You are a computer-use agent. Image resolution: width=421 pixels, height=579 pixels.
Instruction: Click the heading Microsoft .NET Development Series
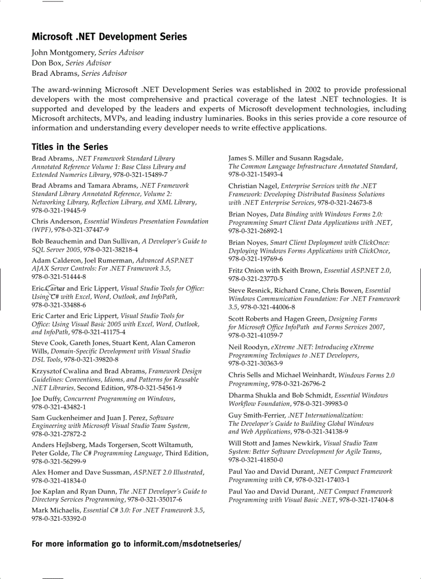pyautogui.click(x=109, y=37)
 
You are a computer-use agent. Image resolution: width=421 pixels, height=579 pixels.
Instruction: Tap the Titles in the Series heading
pyautogui.click(x=70, y=147)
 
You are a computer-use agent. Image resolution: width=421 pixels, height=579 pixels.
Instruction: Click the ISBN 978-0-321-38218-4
pyautogui.click(x=110, y=250)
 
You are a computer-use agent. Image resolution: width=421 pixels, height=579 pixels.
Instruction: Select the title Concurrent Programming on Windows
pyautogui.click(x=119, y=399)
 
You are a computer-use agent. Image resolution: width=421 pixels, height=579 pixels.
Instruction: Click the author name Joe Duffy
pyautogui.click(x=46, y=399)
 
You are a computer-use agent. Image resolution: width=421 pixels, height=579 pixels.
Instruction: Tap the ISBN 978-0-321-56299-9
pyautogui.click(x=59, y=461)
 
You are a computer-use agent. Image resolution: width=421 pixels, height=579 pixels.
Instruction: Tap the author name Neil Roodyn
pyautogui.click(x=249, y=347)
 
